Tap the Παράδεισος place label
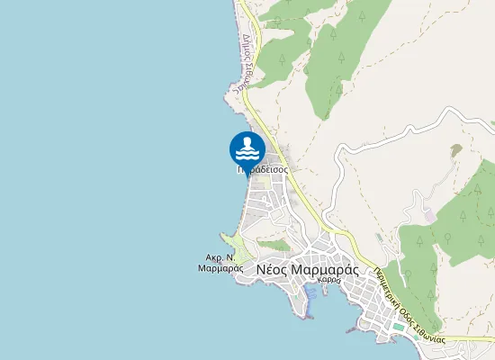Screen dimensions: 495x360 click(263, 168)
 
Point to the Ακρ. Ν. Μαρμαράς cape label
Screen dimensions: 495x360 click(220, 262)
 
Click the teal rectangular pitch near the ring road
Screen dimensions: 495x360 click(398, 326)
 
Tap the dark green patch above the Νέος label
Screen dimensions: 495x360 click(277, 245)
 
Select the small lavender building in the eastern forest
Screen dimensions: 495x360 click(431, 215)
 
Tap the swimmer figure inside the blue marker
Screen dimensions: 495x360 click(247, 146)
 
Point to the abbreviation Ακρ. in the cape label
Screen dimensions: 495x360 click(213, 256)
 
